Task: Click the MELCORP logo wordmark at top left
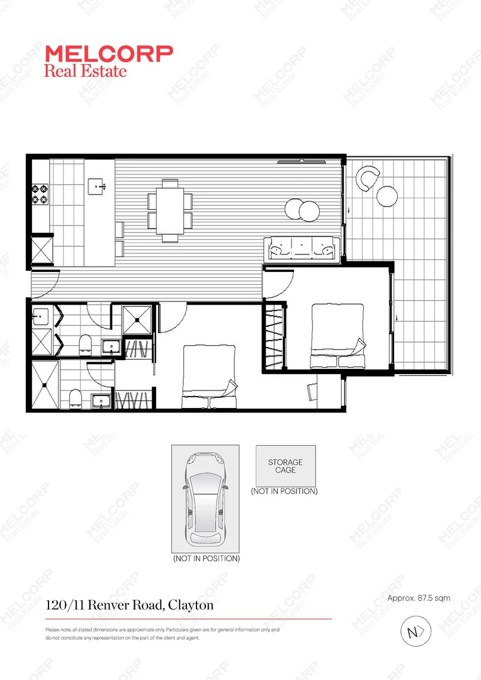[108, 54]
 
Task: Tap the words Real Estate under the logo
[85, 70]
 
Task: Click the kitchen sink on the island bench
[98, 184]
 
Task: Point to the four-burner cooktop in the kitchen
[40, 193]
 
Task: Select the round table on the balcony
[387, 196]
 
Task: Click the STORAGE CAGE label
[285, 466]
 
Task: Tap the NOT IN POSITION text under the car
[206, 558]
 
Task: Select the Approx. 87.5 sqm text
[419, 598]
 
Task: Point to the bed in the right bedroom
[337, 335]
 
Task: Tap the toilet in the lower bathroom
[75, 397]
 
